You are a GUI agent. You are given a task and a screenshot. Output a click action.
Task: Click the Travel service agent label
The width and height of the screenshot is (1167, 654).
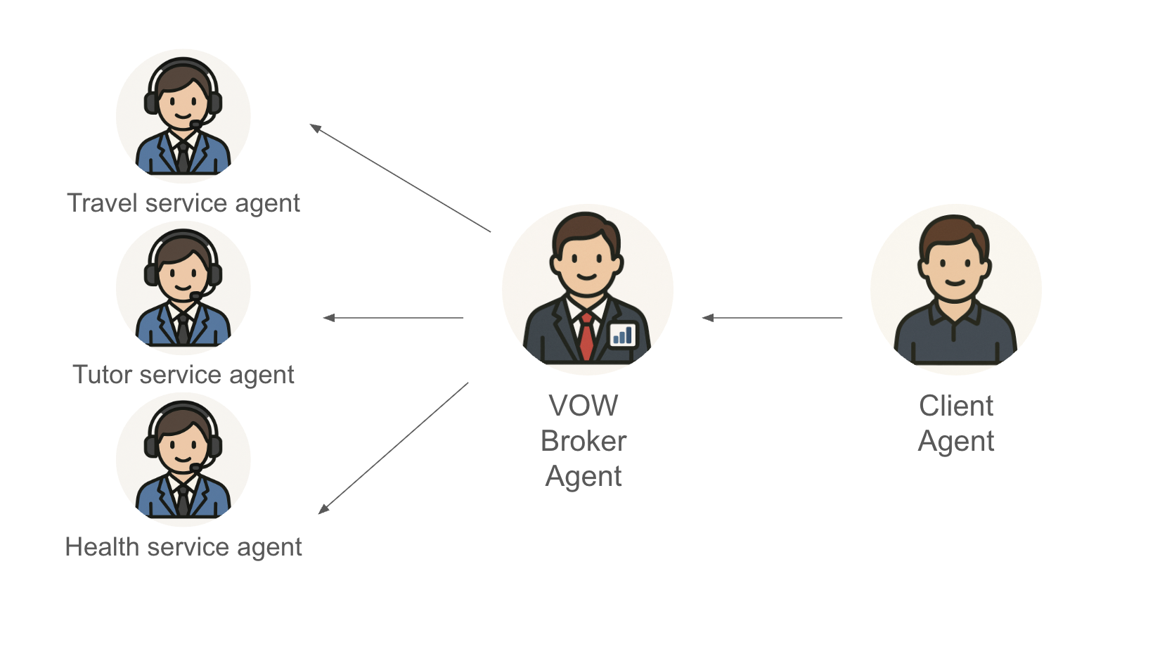183,203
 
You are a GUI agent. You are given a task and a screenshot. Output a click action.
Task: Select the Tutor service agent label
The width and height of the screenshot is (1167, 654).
183,375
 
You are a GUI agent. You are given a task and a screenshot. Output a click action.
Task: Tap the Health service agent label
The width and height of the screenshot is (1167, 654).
183,547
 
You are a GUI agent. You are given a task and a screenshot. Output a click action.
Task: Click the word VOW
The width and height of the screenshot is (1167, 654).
583,406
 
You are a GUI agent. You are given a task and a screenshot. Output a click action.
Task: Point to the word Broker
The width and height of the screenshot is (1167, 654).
583,441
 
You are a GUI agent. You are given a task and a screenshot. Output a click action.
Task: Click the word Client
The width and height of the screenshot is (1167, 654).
956,406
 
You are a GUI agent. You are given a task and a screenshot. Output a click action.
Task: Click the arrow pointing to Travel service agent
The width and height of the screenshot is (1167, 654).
400,178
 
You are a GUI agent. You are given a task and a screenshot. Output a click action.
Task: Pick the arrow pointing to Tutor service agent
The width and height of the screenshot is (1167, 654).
393,318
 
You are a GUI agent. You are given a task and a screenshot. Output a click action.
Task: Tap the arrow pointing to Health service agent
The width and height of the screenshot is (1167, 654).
394,448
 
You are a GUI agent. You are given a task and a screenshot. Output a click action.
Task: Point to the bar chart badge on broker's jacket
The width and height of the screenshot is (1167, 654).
622,335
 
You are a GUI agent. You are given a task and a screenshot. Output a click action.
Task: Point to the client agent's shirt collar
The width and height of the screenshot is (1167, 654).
955,313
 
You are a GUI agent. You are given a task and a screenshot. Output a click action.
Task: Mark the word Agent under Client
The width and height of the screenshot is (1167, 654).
956,442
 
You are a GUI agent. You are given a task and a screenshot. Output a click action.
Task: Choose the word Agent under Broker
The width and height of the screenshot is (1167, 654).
583,477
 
